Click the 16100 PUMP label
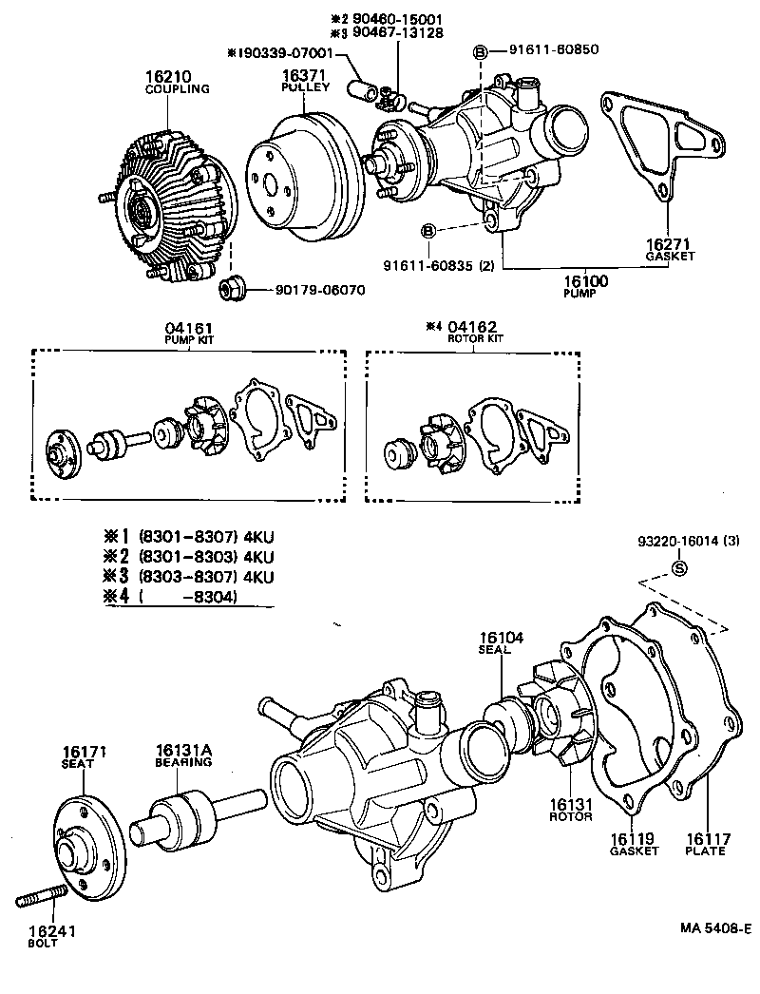click(x=585, y=287)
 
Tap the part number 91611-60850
click(x=553, y=49)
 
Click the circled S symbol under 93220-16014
click(x=679, y=568)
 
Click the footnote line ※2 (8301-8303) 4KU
click(x=190, y=556)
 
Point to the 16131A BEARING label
click(x=183, y=755)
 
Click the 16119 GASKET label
click(x=634, y=844)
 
